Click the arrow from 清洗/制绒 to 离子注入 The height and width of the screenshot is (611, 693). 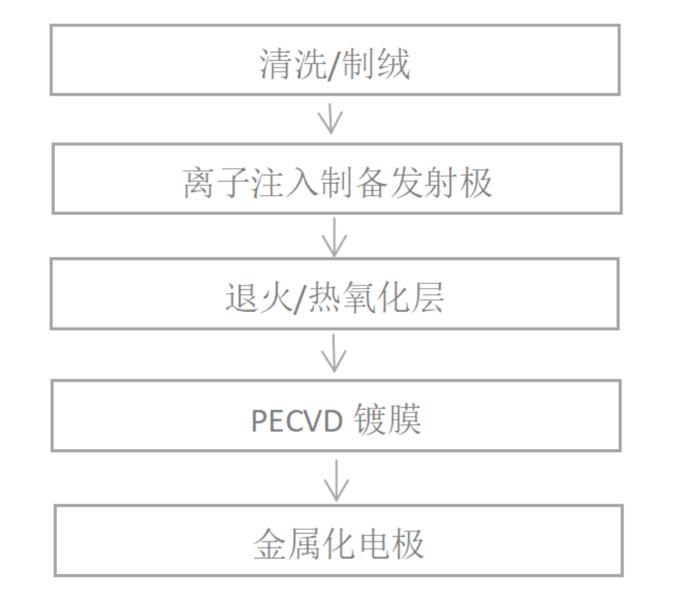[330, 119]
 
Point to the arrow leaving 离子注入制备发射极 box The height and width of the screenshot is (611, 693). [333, 236]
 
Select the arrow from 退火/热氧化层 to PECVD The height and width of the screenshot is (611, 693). [334, 355]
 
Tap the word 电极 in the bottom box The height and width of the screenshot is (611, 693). [396, 544]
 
